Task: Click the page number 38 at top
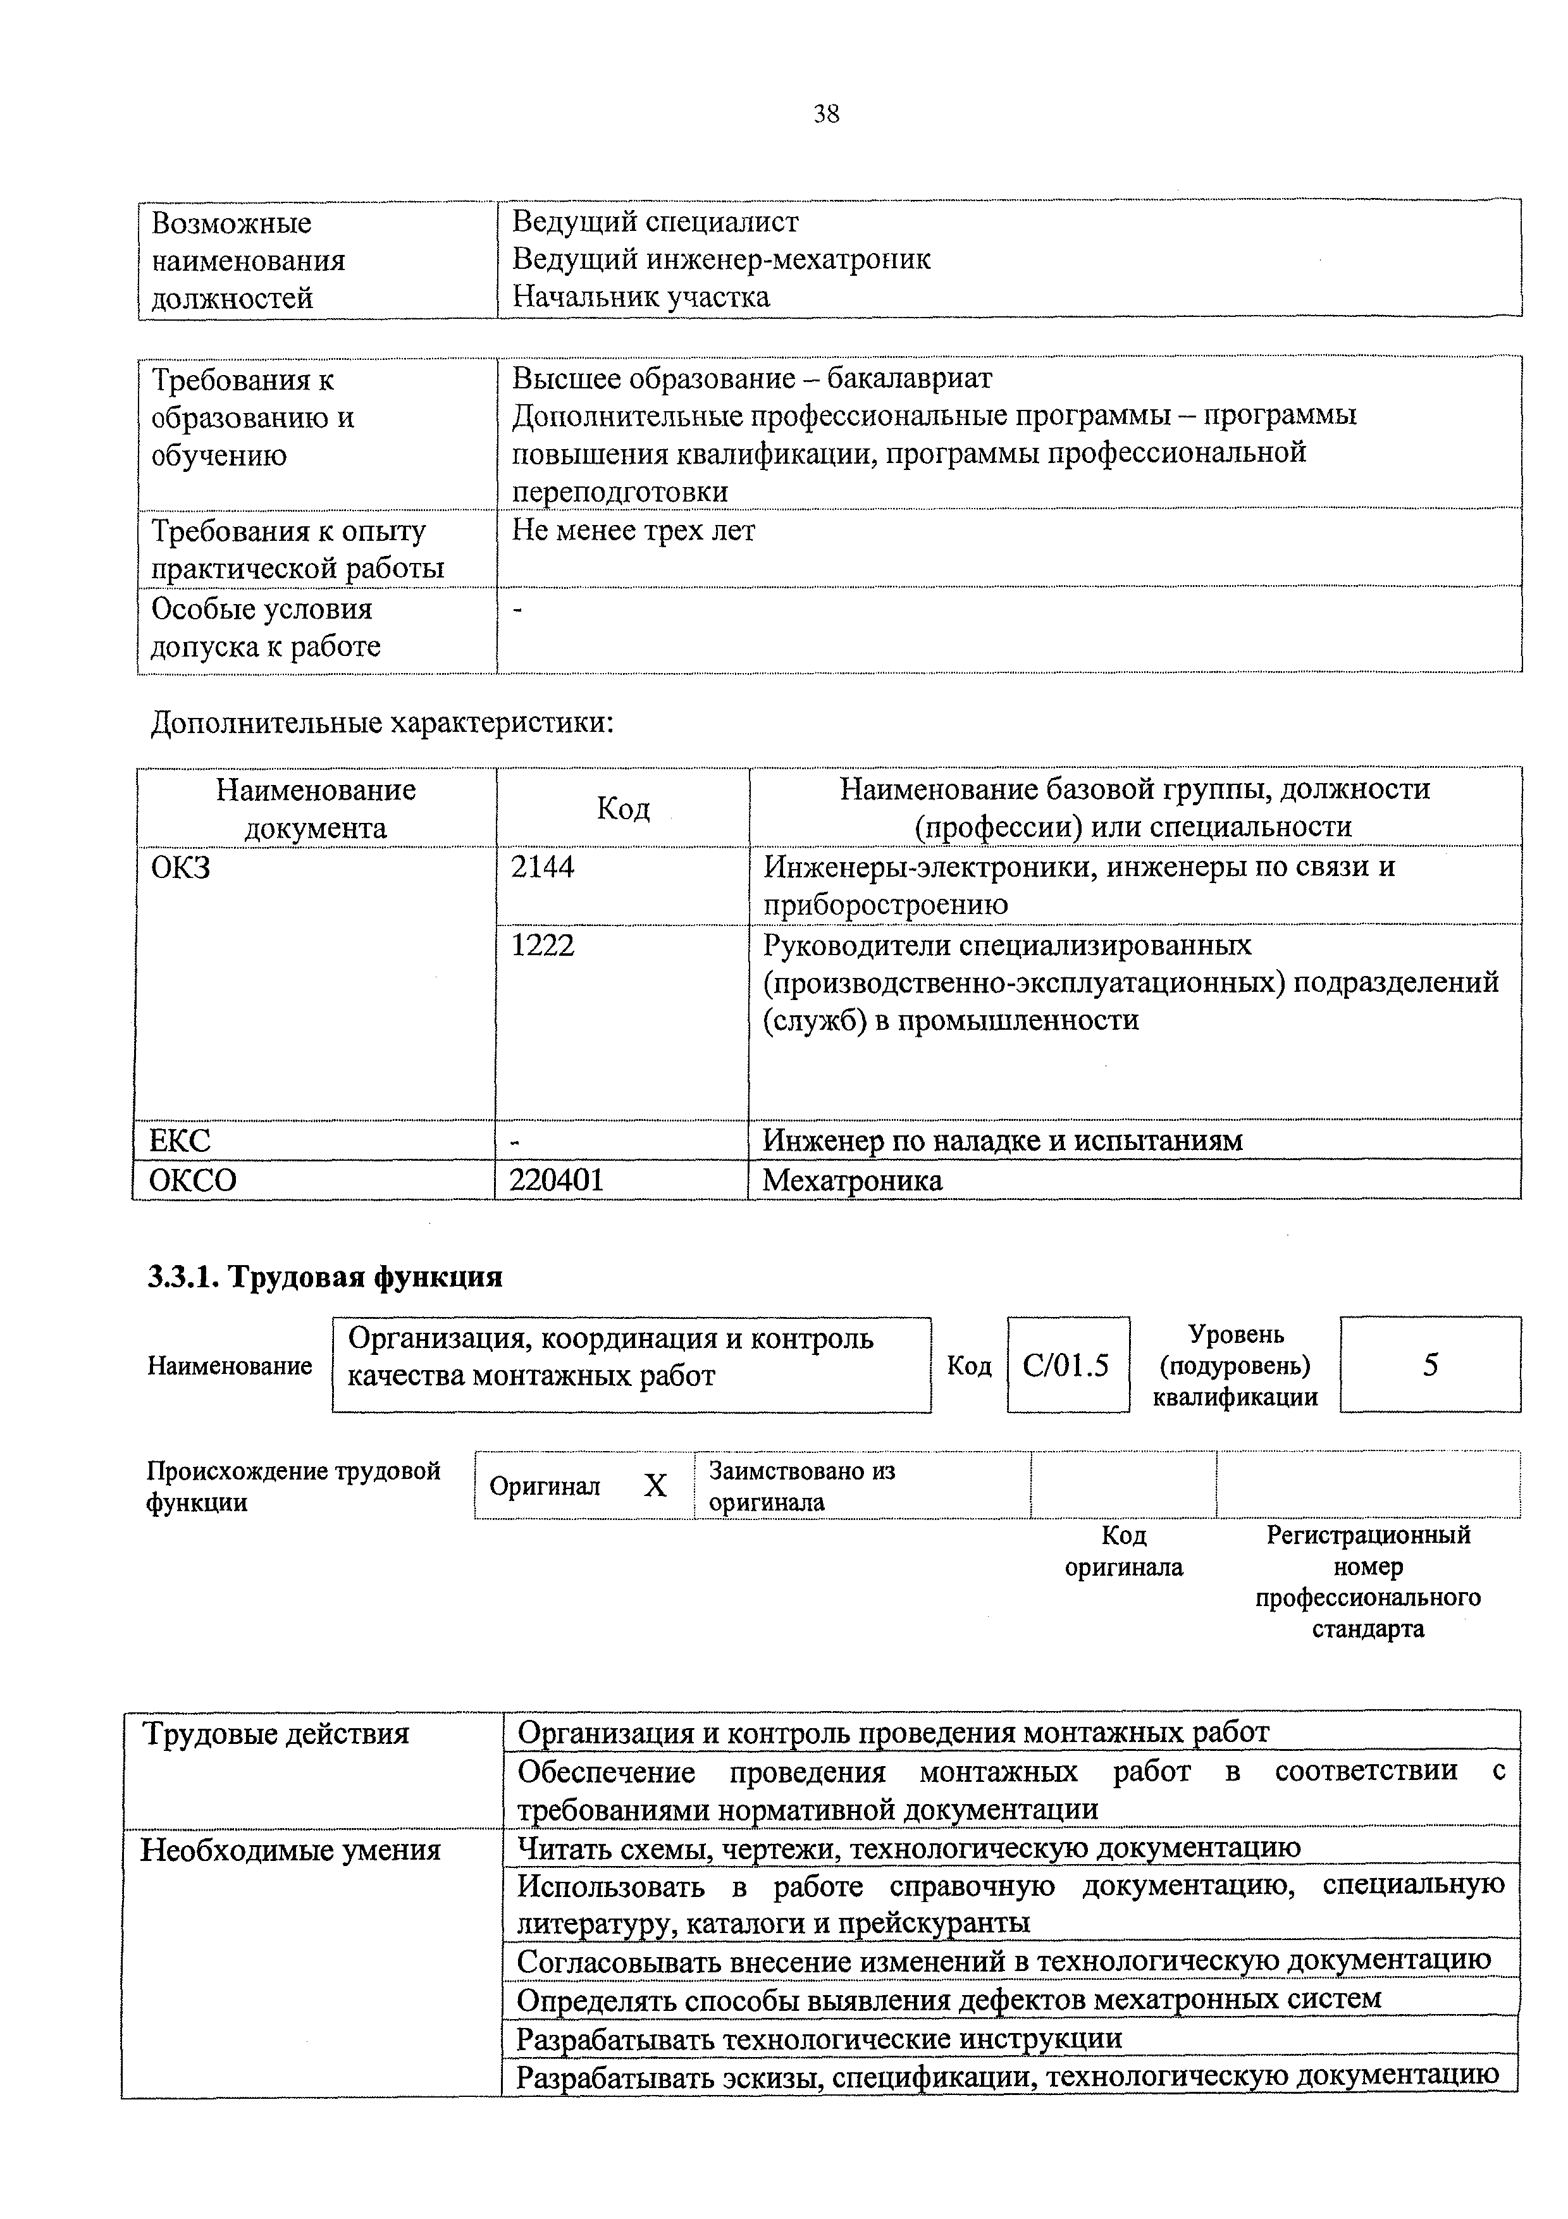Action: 826,114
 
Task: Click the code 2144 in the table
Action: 542,867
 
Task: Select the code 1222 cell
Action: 542,944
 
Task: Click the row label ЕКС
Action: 180,1140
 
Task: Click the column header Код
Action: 623,807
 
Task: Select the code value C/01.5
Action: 1066,1364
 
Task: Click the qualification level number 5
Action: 1430,1364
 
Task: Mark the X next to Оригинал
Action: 655,1485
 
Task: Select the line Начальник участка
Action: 641,296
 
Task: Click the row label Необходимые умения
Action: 290,1850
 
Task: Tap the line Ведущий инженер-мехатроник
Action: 720,258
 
